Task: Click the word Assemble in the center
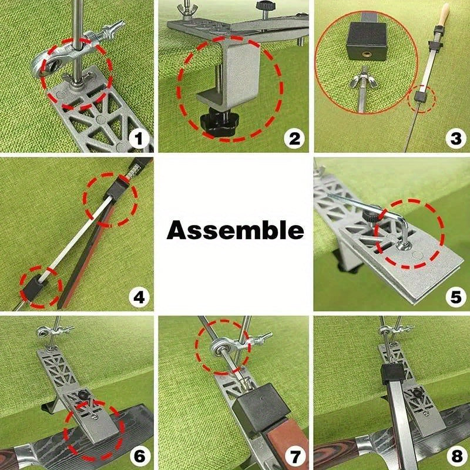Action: coord(235,230)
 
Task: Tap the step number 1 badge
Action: coord(139,139)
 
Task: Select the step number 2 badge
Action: coord(294,139)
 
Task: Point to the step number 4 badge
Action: coord(139,297)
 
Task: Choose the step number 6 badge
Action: coord(139,455)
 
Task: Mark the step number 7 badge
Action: coord(294,455)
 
